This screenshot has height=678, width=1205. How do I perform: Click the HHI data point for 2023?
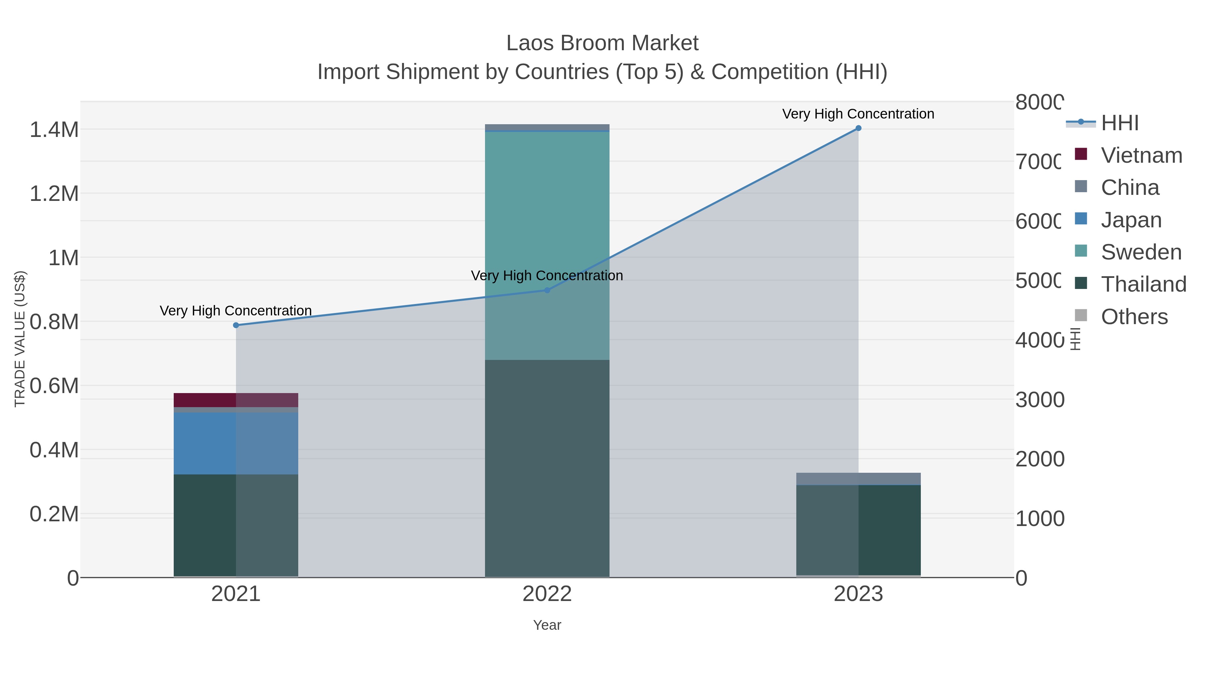coord(858,128)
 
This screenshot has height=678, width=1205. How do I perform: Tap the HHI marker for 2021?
coord(236,325)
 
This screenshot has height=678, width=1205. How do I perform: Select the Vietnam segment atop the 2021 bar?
coord(236,400)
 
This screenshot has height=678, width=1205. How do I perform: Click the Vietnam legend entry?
coord(1141,155)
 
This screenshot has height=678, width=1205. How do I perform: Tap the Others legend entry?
coord(1134,317)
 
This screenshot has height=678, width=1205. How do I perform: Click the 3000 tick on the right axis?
coord(1039,400)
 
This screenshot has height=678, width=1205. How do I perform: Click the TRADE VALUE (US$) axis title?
coord(20,339)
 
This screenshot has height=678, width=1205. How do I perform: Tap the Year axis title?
coord(547,625)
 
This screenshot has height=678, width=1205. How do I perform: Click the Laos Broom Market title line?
coord(602,43)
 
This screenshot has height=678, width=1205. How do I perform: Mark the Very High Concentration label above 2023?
coord(858,114)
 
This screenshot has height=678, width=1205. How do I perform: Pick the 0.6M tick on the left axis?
coord(54,386)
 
